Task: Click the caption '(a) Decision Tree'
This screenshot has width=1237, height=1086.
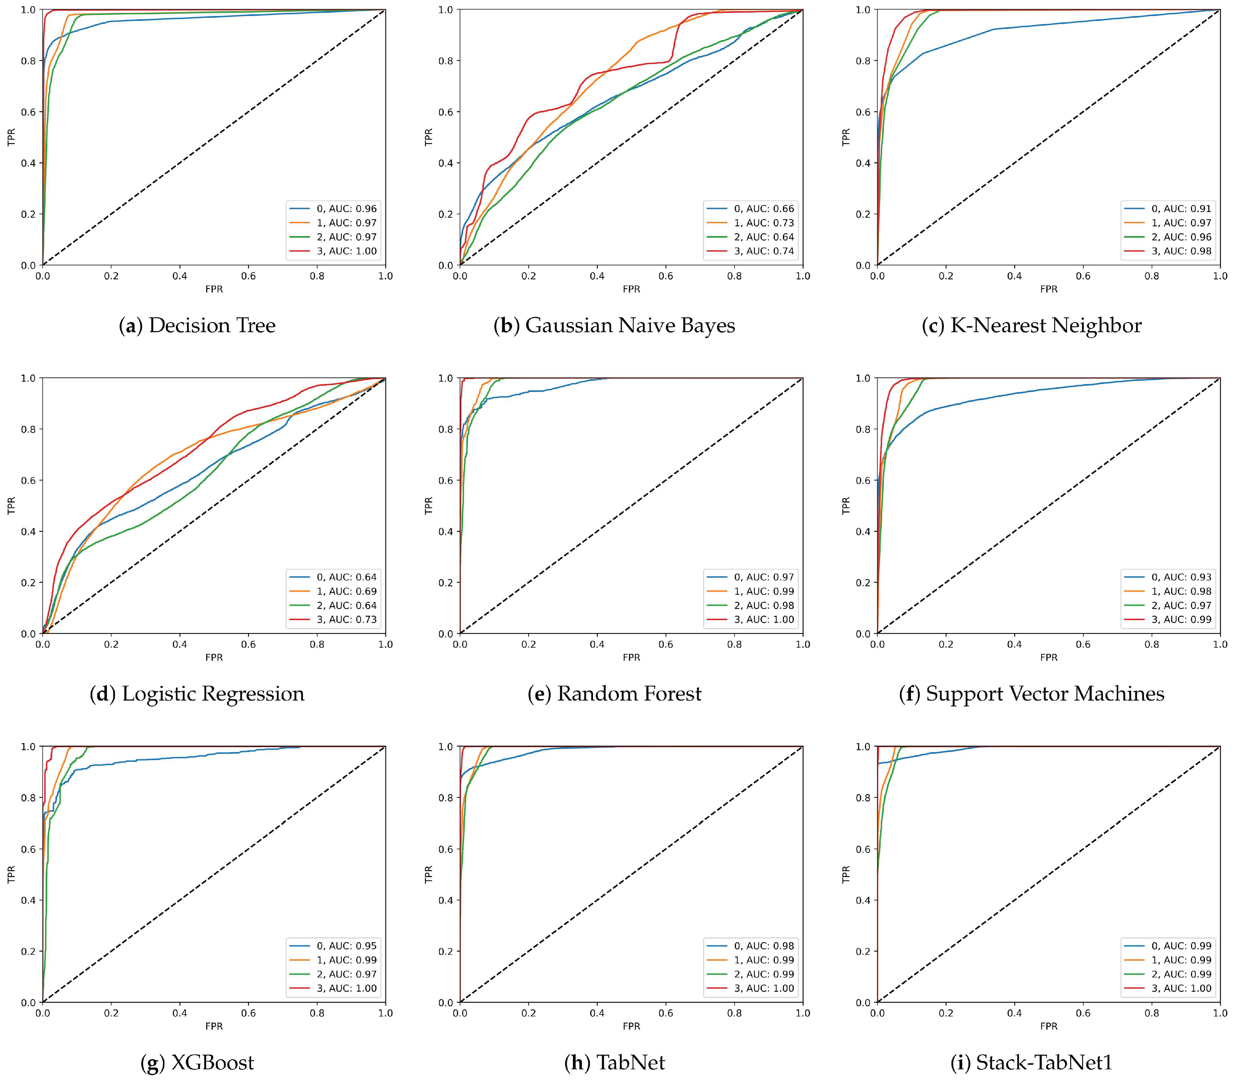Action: pyautogui.click(x=197, y=326)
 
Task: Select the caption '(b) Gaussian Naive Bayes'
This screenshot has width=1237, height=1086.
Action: pyautogui.click(x=614, y=326)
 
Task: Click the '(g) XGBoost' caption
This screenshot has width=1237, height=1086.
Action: pyautogui.click(x=197, y=1062)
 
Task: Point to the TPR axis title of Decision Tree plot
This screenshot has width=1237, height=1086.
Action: pyautogui.click(x=11, y=137)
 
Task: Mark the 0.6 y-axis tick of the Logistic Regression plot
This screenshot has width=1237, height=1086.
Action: pyautogui.click(x=28, y=481)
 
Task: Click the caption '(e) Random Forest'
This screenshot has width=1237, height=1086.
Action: pyautogui.click(x=614, y=694)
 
